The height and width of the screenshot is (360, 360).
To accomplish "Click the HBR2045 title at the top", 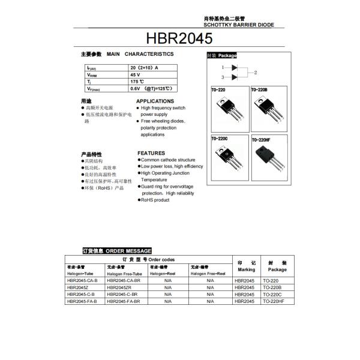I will (x=179, y=39).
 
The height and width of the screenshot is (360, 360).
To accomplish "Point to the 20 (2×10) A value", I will (x=144, y=68).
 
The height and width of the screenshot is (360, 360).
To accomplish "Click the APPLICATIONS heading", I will (x=155, y=101).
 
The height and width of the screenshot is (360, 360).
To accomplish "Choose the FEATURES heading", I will (x=151, y=153).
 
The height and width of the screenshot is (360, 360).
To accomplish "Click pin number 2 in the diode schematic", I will (x=256, y=73).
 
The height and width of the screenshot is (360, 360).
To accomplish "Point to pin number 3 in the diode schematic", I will (x=222, y=77).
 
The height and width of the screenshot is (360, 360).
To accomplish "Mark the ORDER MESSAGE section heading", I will (x=116, y=250).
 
